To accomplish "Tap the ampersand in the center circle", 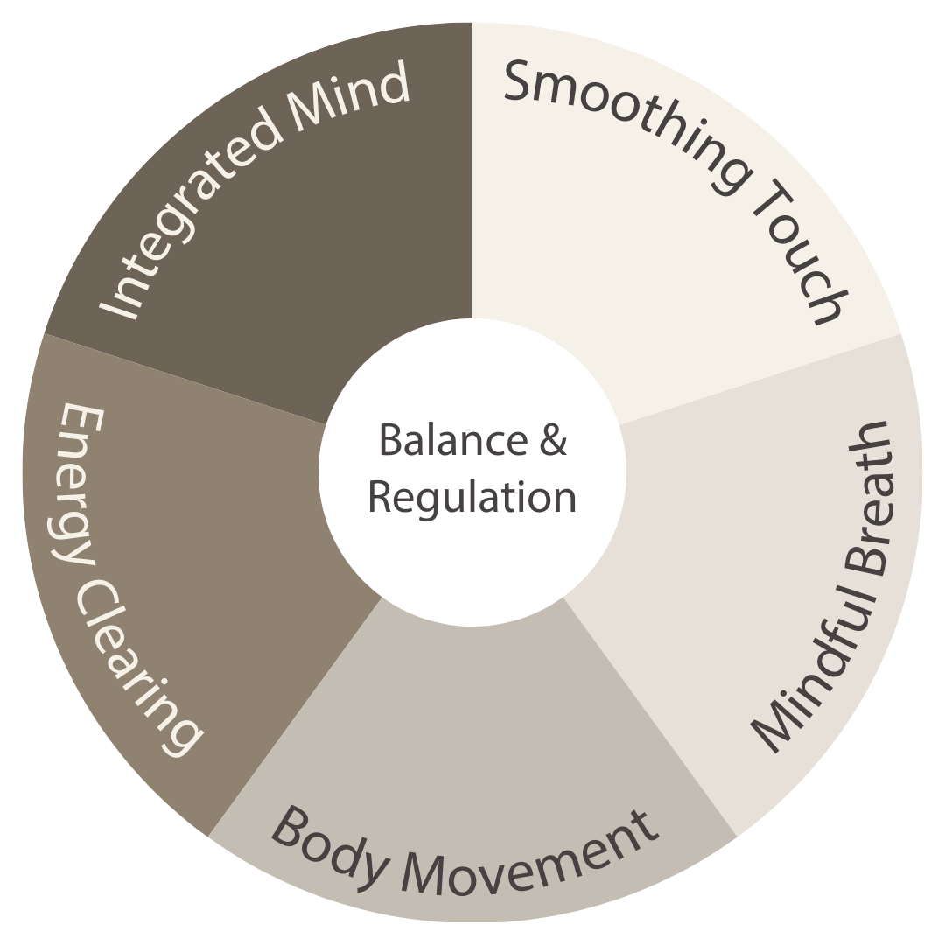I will tap(554, 440).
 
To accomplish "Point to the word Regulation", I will tap(472, 497).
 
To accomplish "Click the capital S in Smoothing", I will tap(520, 81).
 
